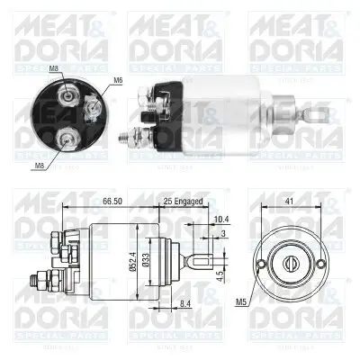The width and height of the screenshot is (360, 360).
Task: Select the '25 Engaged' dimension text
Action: click(x=184, y=202)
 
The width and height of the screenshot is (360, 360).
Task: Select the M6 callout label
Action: click(x=119, y=81)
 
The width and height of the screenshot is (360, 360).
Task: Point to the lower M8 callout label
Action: click(x=38, y=165)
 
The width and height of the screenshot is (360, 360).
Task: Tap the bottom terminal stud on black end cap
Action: click(x=66, y=138)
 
